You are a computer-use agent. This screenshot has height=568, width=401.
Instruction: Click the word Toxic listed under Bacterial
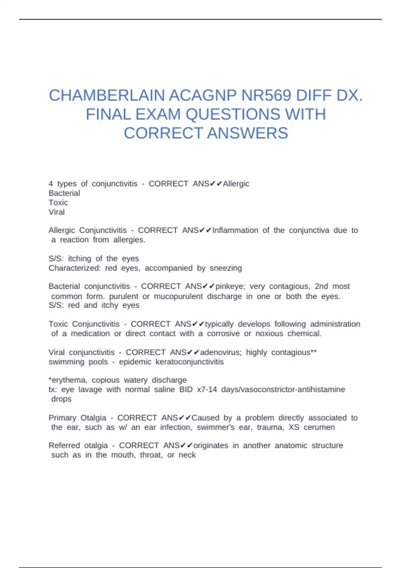[58, 202]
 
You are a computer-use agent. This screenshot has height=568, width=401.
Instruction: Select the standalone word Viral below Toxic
[56, 212]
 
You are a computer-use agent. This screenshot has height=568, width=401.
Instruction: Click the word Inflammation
[235, 230]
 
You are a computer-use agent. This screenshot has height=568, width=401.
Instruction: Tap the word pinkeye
[230, 286]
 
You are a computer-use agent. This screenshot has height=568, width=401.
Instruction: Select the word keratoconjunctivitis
[189, 362]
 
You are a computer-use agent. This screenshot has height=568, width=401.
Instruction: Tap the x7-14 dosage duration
[207, 389]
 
